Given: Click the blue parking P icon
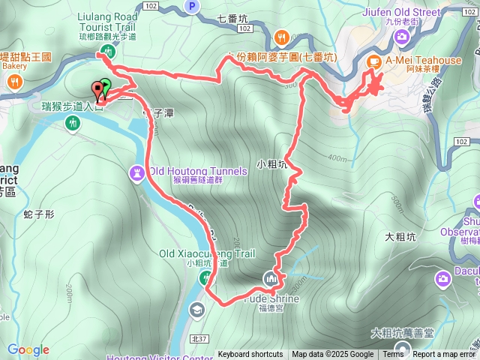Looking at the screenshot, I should [x=192, y=7].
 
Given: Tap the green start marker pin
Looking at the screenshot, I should [x=106, y=85].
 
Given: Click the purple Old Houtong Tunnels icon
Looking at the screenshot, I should [x=137, y=172].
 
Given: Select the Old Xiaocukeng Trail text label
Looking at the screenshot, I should [x=202, y=232].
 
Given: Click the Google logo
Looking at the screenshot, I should [x=28, y=350].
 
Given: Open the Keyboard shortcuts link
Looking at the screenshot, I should [x=250, y=355].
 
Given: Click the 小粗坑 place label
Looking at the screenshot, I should [x=271, y=163].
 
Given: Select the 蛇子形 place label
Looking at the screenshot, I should [x=39, y=214].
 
